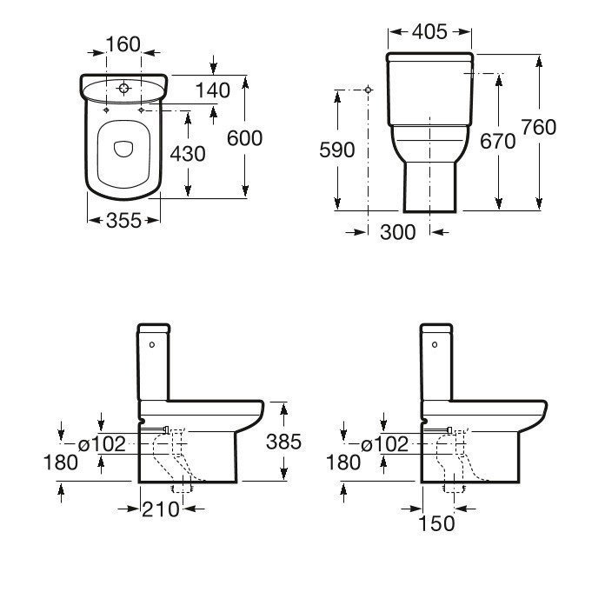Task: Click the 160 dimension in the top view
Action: (123, 44)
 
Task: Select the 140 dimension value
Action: (213, 90)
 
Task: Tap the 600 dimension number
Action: (244, 138)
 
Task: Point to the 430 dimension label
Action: (188, 154)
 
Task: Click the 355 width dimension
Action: (123, 221)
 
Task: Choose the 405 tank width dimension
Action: (429, 31)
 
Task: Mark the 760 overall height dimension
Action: (539, 127)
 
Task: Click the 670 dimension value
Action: (498, 141)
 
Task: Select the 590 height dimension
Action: (337, 150)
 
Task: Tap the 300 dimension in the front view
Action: (398, 232)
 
